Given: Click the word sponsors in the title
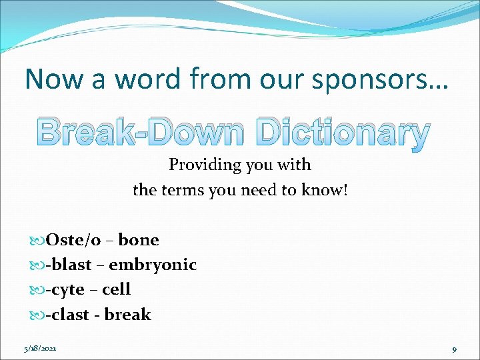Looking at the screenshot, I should click(387, 79).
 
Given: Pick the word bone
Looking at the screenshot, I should click(139, 240).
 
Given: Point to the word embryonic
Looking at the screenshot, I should click(153, 265).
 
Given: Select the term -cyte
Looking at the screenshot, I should click(65, 289).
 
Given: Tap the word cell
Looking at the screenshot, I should click(116, 289).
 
